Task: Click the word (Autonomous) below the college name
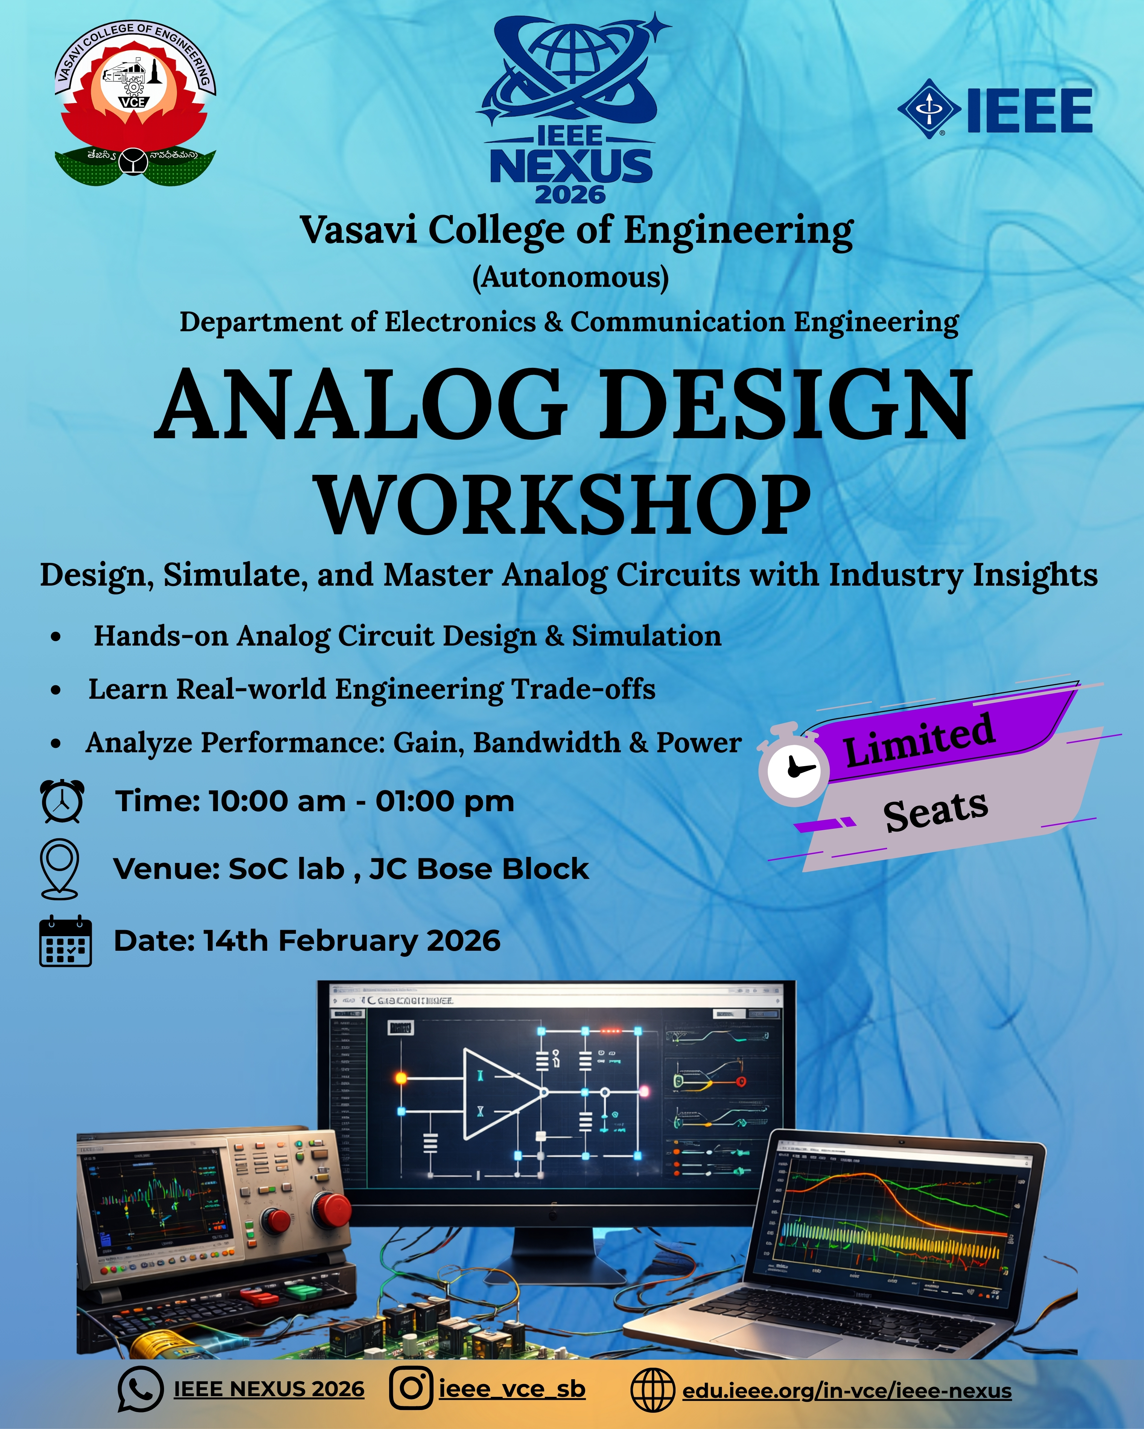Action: click(570, 277)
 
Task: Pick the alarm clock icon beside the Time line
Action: click(62, 801)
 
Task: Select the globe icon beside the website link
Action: click(652, 1390)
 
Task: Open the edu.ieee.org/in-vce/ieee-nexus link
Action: click(847, 1390)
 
